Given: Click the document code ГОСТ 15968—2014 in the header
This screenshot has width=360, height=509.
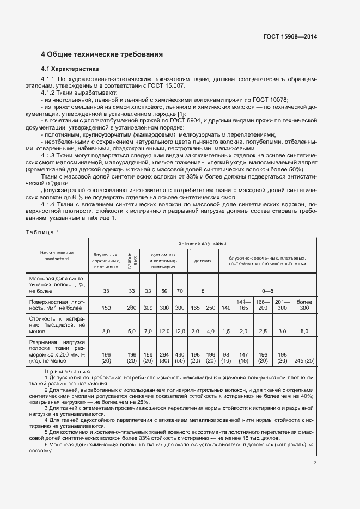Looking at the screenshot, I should point(290,37).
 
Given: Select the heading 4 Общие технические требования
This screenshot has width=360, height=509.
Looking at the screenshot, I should point(102,54).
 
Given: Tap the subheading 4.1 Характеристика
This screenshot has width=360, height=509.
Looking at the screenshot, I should point(70,69).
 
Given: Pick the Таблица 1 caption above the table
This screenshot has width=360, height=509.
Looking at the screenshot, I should point(42,232).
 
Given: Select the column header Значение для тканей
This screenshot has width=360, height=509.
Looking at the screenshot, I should point(202,243).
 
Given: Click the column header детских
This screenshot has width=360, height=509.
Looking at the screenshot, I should point(203,261).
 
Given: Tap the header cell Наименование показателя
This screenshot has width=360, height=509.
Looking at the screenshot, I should point(57,255).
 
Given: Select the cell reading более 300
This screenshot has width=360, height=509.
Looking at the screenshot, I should point(304,304).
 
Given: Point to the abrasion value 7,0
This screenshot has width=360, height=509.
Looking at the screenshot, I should point(148,331).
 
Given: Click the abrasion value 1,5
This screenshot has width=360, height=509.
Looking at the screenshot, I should point(226,331).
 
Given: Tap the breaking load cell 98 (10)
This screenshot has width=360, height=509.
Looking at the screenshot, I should point(226,357).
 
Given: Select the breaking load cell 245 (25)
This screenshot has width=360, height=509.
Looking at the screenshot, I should point(304,360).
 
